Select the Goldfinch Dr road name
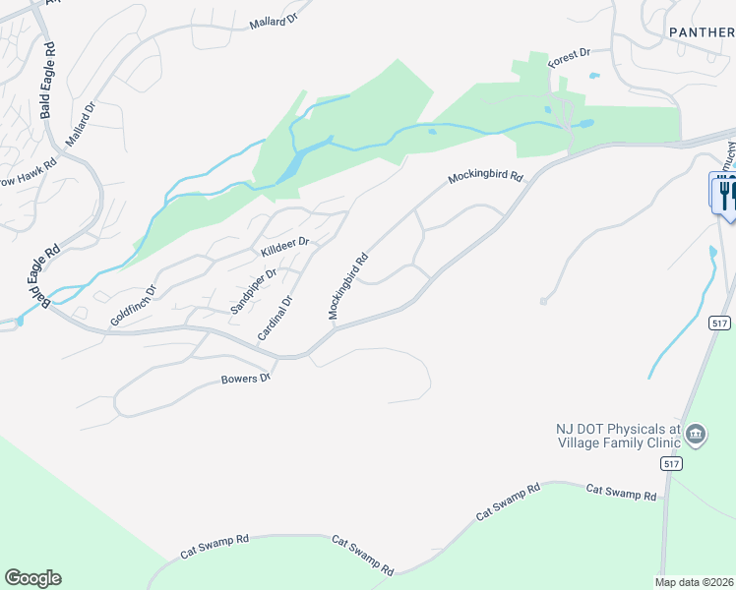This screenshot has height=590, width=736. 133,306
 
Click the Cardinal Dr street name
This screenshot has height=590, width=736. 276,319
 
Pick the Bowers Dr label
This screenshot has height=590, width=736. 245,379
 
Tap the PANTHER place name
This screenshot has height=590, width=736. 702,31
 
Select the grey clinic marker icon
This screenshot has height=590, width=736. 696,435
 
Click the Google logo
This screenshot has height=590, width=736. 32,578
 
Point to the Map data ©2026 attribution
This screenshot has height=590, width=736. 695,582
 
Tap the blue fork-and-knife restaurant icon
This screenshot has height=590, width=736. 725,192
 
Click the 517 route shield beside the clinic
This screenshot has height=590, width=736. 672,463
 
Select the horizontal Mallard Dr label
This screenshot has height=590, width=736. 272,21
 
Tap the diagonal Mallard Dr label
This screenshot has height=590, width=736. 82,126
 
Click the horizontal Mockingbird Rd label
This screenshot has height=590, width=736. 483,178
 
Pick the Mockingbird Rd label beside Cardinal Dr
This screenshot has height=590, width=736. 348,286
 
